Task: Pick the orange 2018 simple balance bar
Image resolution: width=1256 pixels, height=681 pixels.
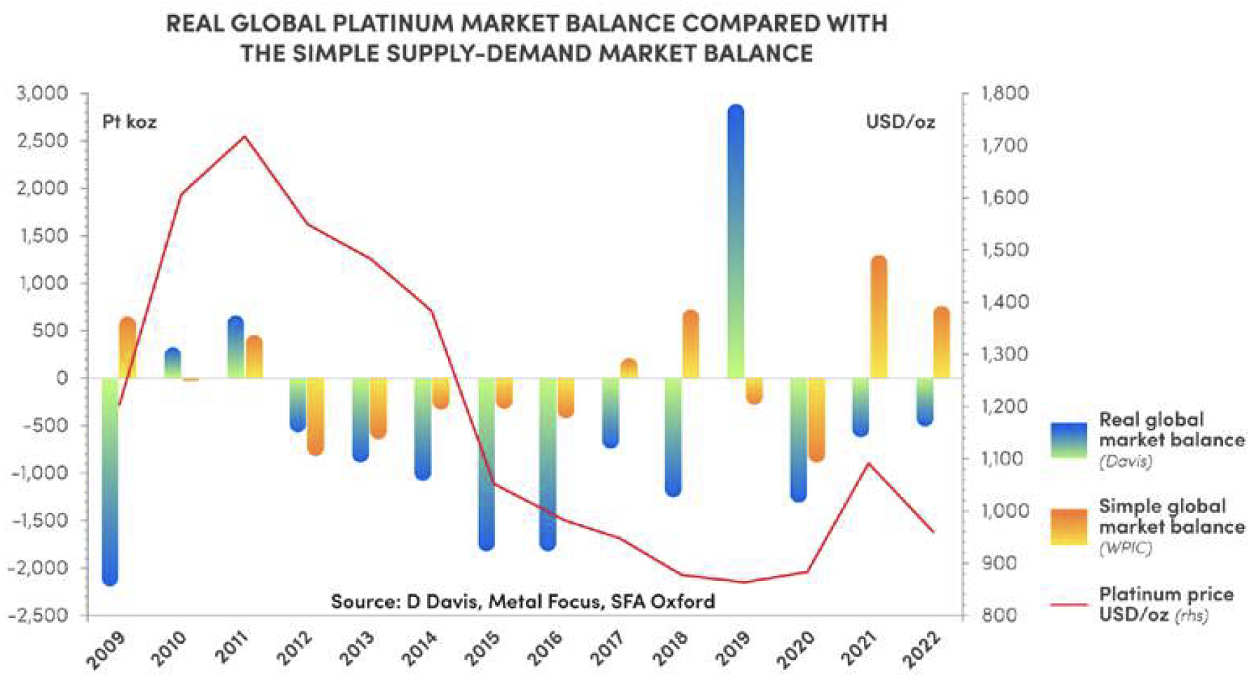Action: coord(690,343)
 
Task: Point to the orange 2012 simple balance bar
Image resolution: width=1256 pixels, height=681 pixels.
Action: coord(315,416)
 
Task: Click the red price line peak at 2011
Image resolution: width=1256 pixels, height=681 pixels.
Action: coord(244,137)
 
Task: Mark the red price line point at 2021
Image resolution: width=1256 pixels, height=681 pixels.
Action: coord(869,463)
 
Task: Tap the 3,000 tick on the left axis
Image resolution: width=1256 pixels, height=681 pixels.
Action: coord(43,93)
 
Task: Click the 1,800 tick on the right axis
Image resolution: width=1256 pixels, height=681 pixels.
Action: coord(1005,93)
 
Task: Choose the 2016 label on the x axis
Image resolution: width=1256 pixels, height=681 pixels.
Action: coord(545,647)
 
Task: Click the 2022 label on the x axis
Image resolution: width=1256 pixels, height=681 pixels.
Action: coord(921,647)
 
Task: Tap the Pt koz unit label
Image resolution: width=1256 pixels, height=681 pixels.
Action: coord(130,122)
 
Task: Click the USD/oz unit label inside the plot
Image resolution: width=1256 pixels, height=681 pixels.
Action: coord(900,122)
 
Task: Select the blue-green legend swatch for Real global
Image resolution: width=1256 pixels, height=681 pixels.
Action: coord(1069,440)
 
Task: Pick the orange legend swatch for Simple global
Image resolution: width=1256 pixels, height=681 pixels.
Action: coord(1069,527)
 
